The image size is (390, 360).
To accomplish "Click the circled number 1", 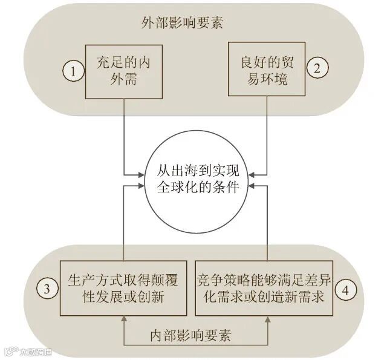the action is tap(73, 70).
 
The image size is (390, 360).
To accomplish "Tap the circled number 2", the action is tap(316, 67).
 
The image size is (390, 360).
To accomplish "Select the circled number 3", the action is tap(47, 289).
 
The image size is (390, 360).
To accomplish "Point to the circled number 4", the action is tap(344, 289).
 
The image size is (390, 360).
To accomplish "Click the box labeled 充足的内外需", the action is tap(124, 70).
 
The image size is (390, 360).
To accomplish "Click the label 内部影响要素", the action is tap(195, 334).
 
